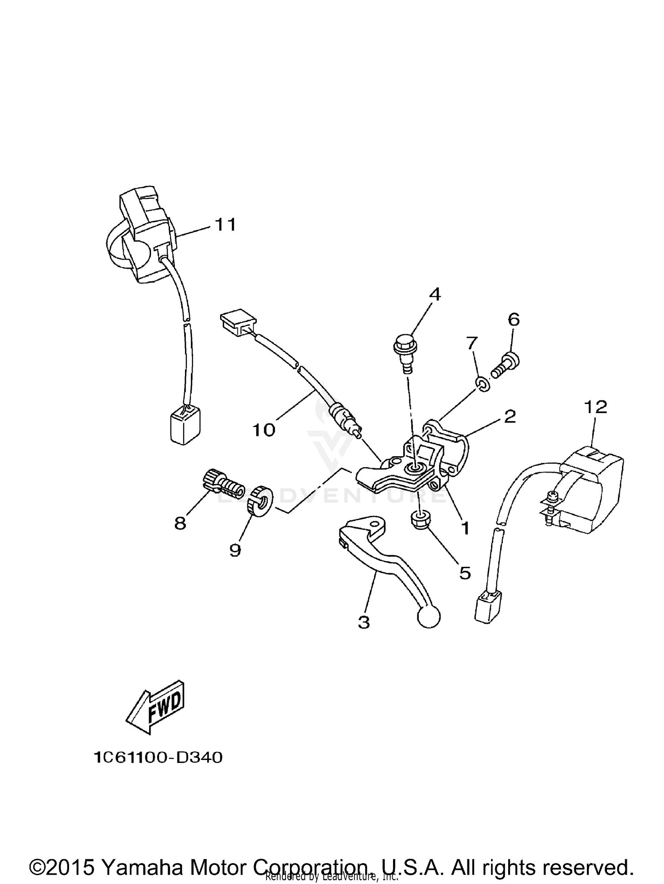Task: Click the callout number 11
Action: click(x=226, y=225)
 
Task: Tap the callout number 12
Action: click(x=595, y=407)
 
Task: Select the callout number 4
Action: click(x=435, y=294)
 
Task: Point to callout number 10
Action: click(x=264, y=430)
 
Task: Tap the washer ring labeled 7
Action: click(x=483, y=384)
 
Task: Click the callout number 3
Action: click(x=363, y=622)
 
